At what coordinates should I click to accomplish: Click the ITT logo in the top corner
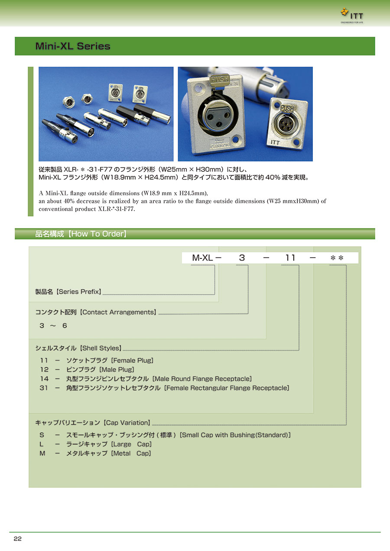click(x=352, y=16)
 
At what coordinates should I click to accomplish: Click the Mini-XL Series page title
click(x=73, y=46)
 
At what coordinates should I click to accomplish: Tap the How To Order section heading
click(x=81, y=234)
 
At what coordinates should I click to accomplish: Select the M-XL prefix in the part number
click(x=202, y=258)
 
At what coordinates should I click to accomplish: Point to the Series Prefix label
click(x=68, y=292)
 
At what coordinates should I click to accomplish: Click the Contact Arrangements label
click(x=95, y=312)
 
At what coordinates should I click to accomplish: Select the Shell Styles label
click(x=78, y=348)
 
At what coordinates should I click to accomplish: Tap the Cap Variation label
click(x=93, y=422)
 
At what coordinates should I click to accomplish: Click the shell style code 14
click(x=44, y=379)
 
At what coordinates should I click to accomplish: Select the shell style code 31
click(x=44, y=388)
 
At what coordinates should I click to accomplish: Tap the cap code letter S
click(x=42, y=435)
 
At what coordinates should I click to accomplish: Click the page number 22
click(x=18, y=539)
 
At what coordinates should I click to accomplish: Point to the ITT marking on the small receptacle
click(x=275, y=142)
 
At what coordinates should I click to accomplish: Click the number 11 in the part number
click(x=290, y=258)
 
